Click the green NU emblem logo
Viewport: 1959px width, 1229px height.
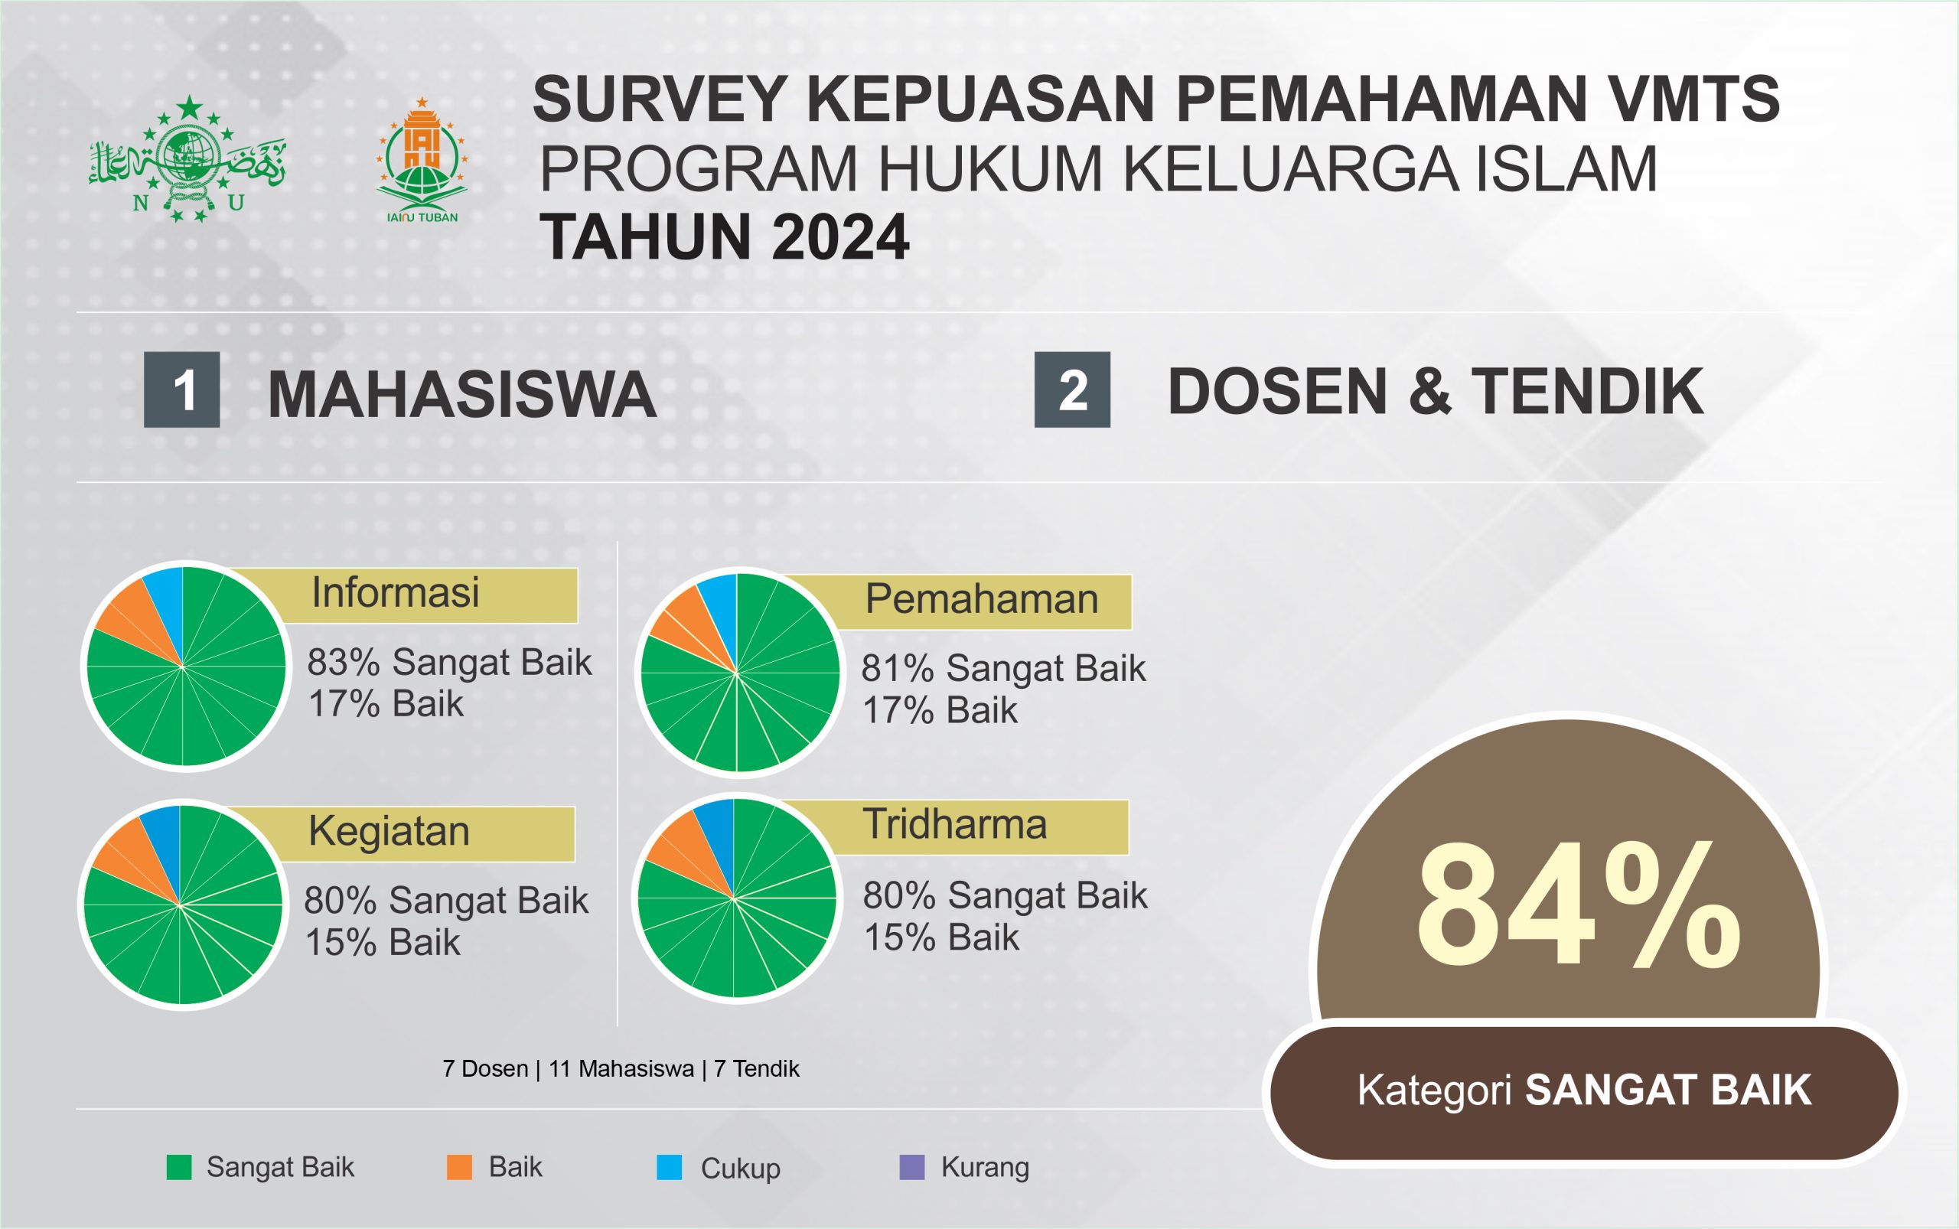tap(187, 158)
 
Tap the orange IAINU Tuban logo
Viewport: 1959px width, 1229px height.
tap(421, 160)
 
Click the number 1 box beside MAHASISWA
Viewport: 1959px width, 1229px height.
tap(182, 390)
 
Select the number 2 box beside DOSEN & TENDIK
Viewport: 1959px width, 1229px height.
tap(1072, 390)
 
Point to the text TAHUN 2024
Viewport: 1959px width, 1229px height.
tap(723, 237)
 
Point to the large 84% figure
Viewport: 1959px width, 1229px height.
tap(1577, 904)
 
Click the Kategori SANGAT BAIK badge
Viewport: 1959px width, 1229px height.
tap(1584, 1091)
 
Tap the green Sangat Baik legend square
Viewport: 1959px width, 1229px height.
tap(179, 1167)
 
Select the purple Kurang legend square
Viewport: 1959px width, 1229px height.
tap(912, 1167)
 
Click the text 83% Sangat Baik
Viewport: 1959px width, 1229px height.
tap(449, 663)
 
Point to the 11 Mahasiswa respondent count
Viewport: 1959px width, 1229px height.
tap(621, 1069)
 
